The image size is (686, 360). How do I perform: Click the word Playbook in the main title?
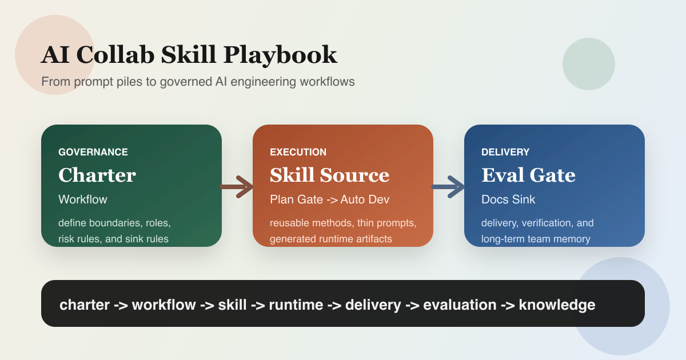pos(280,55)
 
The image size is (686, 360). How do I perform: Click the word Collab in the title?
pos(114,55)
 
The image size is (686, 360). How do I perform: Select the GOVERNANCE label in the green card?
pos(93,153)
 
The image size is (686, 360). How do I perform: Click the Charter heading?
pos(97,175)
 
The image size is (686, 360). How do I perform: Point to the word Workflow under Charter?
pos(83,199)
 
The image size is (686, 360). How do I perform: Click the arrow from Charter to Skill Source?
pos(237,186)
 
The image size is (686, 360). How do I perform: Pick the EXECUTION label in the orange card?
pos(298,153)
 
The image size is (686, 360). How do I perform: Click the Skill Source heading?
pos(329,175)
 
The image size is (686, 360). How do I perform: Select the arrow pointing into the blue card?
pos(448,186)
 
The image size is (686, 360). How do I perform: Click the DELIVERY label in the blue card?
pos(505,153)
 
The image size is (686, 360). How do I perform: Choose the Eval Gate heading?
pos(528,175)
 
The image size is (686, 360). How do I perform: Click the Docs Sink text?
pos(508,199)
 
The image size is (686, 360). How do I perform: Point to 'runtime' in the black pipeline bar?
pos(296,305)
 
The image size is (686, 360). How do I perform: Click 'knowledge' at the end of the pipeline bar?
pos(557,305)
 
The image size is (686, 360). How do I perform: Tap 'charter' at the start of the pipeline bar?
pos(84,305)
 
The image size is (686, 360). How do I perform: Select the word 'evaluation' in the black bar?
pos(460,305)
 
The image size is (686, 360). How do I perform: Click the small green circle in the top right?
pos(588,64)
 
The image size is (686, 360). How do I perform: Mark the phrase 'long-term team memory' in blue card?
pos(536,239)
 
